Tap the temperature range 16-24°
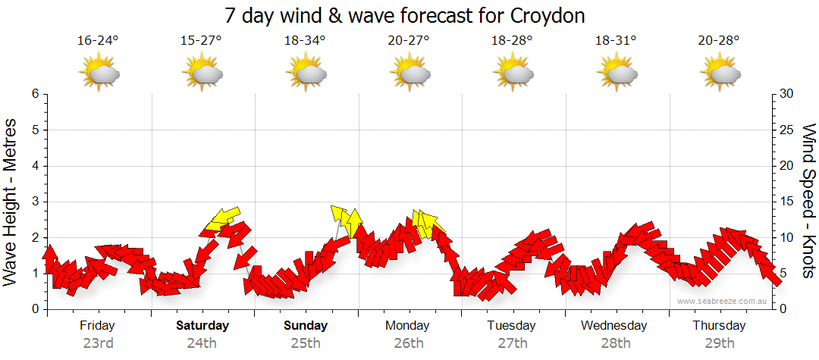click(98, 41)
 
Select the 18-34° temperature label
click(305, 41)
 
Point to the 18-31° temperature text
click(615, 41)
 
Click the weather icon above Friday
click(99, 74)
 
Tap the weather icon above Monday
click(409, 74)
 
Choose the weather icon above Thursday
click(720, 74)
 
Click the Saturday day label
click(202, 326)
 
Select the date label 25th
click(305, 343)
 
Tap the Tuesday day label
click(511, 326)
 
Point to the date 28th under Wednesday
click(615, 343)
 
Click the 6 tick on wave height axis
click(35, 94)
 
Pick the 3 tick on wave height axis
click(35, 202)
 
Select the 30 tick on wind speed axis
click(787, 94)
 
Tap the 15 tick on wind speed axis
click(787, 202)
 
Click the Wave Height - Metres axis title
click(11, 202)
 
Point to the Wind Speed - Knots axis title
click(808, 200)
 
